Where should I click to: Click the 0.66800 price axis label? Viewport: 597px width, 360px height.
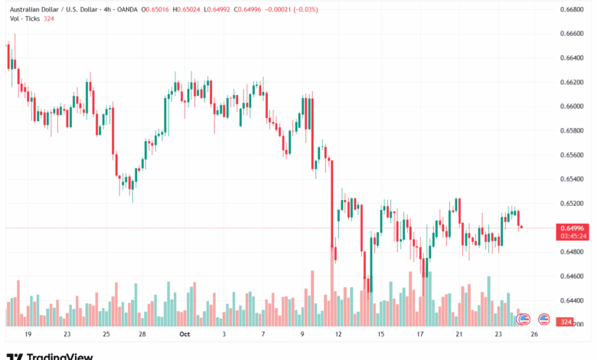tap(573, 9)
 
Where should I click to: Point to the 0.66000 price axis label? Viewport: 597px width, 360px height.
tap(573, 106)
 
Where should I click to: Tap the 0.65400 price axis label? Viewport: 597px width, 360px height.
tap(573, 179)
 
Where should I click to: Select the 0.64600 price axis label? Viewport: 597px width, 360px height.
tap(573, 277)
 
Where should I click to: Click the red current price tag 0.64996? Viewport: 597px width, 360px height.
tap(573, 228)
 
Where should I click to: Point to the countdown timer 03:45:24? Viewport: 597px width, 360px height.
tap(573, 236)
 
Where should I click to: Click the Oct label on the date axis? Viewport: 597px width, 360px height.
tap(183, 334)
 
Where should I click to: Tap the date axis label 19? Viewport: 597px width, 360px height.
tap(28, 334)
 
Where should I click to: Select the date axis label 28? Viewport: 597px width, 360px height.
tap(143, 334)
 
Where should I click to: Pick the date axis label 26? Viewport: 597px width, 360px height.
tap(533, 334)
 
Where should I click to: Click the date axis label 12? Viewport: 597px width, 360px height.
tap(339, 334)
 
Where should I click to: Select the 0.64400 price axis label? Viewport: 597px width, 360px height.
tap(573, 301)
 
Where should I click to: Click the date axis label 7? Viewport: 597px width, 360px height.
tap(263, 334)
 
